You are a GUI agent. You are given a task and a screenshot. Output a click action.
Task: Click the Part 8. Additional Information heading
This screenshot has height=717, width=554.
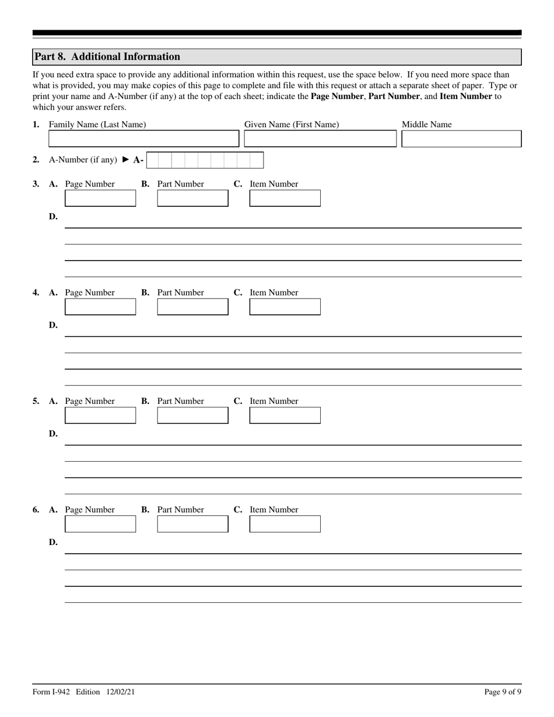[x=107, y=57]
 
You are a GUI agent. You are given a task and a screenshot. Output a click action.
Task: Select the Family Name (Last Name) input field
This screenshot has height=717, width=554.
[x=143, y=139]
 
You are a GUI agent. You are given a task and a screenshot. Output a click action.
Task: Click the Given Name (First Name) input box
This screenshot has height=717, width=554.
[x=320, y=139]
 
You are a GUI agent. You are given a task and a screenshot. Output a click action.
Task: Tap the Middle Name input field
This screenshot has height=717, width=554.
[x=461, y=139]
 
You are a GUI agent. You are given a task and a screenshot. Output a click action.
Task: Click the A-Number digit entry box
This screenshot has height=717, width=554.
[x=205, y=160]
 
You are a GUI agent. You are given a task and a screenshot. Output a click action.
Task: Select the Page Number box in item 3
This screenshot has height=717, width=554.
[x=100, y=198]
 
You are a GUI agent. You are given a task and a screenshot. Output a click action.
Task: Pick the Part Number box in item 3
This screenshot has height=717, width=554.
[x=192, y=198]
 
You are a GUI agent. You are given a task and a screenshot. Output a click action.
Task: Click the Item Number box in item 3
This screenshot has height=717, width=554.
[x=285, y=198]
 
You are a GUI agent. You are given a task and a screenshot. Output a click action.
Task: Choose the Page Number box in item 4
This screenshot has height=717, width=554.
[x=100, y=307]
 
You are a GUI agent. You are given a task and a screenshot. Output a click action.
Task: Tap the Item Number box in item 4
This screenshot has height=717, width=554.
[x=285, y=307]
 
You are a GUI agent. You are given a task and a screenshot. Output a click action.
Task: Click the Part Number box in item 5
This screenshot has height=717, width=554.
[x=192, y=415]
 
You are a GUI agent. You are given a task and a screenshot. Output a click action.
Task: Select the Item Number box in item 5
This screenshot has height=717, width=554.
[x=285, y=415]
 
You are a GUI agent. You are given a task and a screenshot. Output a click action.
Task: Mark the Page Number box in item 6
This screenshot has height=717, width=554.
[x=100, y=523]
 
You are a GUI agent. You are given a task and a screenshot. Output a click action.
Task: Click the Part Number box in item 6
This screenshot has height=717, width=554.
[x=192, y=523]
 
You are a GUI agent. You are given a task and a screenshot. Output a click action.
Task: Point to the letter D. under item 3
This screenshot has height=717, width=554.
[x=53, y=217]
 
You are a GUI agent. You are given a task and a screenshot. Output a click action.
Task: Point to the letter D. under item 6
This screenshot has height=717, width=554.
[x=53, y=543]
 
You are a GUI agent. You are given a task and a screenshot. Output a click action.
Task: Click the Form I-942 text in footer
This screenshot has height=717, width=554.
[x=51, y=692]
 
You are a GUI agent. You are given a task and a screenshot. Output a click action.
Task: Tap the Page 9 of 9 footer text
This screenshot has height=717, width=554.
[x=503, y=692]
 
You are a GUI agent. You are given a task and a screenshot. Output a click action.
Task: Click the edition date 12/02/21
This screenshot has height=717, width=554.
[x=121, y=692]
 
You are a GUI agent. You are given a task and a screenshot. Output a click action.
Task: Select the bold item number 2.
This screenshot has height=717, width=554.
[x=36, y=160]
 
